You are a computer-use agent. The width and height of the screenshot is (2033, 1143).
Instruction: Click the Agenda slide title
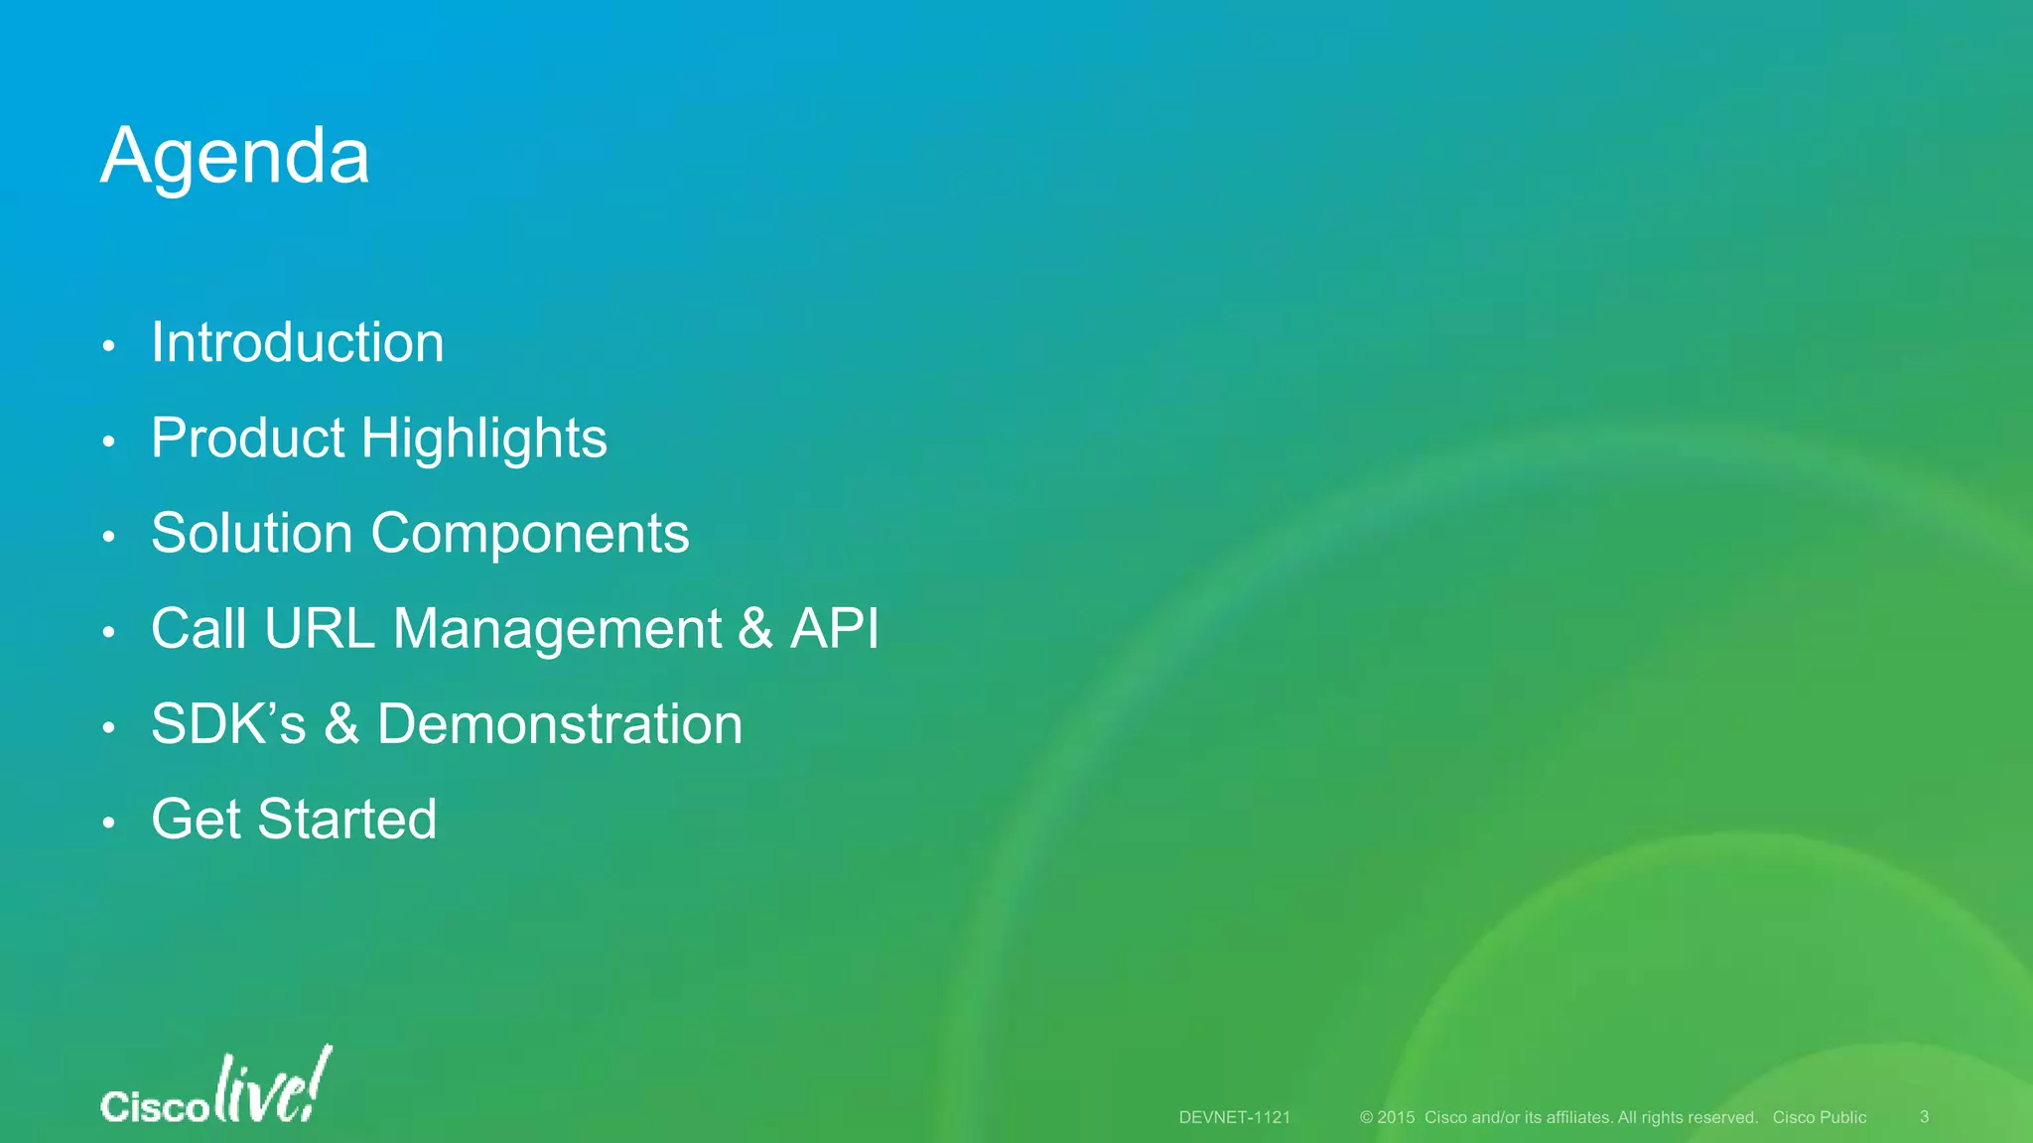[235, 157]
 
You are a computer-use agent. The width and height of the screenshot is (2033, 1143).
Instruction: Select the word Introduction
[297, 343]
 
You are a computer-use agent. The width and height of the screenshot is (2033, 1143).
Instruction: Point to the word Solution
[252, 534]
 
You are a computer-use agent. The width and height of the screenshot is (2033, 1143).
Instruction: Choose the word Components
[529, 534]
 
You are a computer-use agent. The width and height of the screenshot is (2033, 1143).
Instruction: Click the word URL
[320, 629]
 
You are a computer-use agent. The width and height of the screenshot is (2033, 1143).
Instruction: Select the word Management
[558, 629]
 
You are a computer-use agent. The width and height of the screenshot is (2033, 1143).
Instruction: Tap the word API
[834, 629]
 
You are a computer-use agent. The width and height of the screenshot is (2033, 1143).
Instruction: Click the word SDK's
[228, 724]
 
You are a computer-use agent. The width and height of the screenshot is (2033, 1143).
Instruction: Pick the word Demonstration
[559, 724]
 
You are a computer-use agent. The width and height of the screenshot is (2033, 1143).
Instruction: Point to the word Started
[346, 820]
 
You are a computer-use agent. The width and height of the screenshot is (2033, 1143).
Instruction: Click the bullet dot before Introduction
[109, 346]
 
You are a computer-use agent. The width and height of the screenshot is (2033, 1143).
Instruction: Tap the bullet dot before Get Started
[109, 823]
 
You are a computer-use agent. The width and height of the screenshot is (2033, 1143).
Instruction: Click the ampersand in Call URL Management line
[755, 629]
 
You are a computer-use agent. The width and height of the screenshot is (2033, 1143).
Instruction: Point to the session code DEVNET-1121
[1234, 1117]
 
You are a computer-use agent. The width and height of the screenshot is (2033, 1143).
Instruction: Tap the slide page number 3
[1924, 1117]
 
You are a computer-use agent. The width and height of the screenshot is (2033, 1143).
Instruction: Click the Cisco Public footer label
[1819, 1117]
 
